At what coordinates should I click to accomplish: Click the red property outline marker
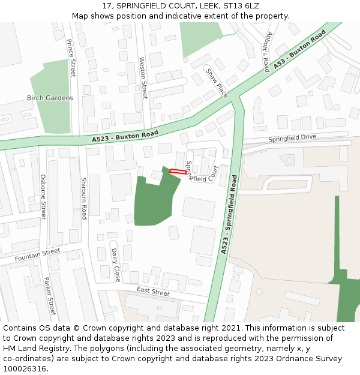pyautogui.click(x=177, y=172)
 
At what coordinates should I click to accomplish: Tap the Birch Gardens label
pyautogui.click(x=50, y=98)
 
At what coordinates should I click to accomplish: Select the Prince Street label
pyautogui.click(x=71, y=58)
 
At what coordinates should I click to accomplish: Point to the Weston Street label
pyautogui.click(x=143, y=78)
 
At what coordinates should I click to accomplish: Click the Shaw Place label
pyautogui.click(x=217, y=83)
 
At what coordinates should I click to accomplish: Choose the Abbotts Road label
pyautogui.click(x=268, y=52)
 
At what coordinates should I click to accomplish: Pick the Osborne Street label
pyautogui.click(x=43, y=196)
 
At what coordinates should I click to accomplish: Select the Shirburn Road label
pyautogui.click(x=84, y=199)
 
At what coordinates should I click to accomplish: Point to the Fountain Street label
pyautogui.click(x=38, y=255)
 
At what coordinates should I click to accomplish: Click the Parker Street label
pyautogui.click(x=49, y=296)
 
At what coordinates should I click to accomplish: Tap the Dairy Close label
pyautogui.click(x=116, y=265)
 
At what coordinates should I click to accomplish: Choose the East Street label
pyautogui.click(x=153, y=291)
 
